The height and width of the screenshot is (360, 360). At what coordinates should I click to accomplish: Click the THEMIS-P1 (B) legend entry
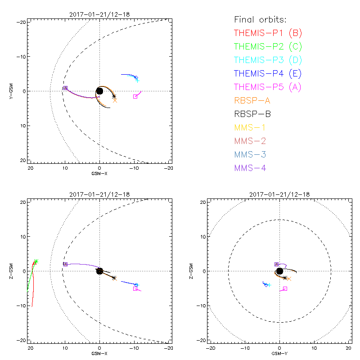pos(267,33)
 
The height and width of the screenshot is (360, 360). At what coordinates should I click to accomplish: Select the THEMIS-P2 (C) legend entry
pos(268,46)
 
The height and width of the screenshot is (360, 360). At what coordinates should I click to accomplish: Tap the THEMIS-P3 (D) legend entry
pos(268,60)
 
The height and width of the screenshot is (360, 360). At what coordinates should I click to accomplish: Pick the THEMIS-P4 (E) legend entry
pos(267,73)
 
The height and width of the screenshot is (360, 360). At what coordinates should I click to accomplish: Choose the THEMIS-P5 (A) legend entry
pos(268,87)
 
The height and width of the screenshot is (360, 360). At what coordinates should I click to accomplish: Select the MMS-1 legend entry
pos(250,127)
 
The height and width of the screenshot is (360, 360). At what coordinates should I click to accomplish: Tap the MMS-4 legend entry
pos(250,168)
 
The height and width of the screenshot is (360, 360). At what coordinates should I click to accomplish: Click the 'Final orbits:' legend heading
pos(260,20)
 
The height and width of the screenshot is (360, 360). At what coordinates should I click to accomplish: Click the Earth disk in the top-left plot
pos(99,91)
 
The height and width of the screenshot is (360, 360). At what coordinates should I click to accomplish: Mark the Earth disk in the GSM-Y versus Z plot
pos(279,271)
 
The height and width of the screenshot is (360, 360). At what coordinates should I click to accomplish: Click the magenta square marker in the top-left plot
pos(135,97)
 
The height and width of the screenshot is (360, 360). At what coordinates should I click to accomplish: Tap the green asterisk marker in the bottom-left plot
pos(36,261)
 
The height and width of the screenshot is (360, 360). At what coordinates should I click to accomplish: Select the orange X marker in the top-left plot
pos(115,100)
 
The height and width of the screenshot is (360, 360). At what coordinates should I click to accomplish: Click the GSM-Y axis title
pos(279,353)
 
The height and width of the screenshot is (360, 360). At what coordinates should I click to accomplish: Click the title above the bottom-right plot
pos(279,194)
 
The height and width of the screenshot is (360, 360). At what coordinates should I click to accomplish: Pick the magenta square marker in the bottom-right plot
pos(285,288)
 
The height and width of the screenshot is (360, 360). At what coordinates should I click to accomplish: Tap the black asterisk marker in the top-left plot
pos(114,96)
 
